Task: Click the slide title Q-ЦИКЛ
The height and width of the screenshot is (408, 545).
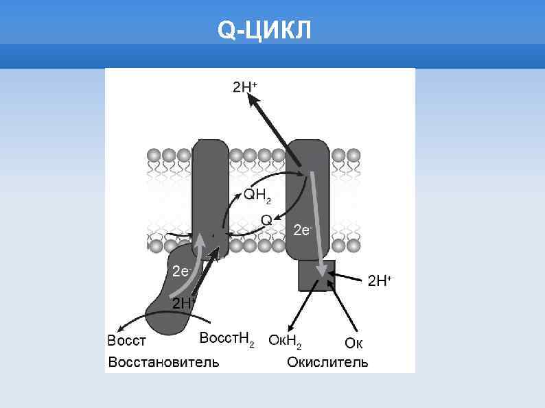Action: click(264, 29)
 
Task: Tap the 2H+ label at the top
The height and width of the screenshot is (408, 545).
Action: click(245, 87)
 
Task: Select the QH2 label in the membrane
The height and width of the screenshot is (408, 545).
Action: click(257, 197)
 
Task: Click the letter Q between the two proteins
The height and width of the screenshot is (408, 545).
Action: click(267, 219)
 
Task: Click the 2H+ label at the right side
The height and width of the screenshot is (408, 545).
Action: click(380, 280)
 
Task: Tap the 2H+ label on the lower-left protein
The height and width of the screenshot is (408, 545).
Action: click(183, 303)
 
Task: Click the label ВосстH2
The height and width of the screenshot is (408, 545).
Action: click(227, 339)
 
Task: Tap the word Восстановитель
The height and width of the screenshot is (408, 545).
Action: click(163, 361)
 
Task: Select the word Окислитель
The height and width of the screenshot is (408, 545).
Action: click(327, 361)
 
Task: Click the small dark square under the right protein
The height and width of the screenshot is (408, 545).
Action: click(316, 276)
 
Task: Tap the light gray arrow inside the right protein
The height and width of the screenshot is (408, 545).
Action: click(316, 219)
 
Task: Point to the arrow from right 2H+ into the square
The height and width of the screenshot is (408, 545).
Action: click(348, 278)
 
